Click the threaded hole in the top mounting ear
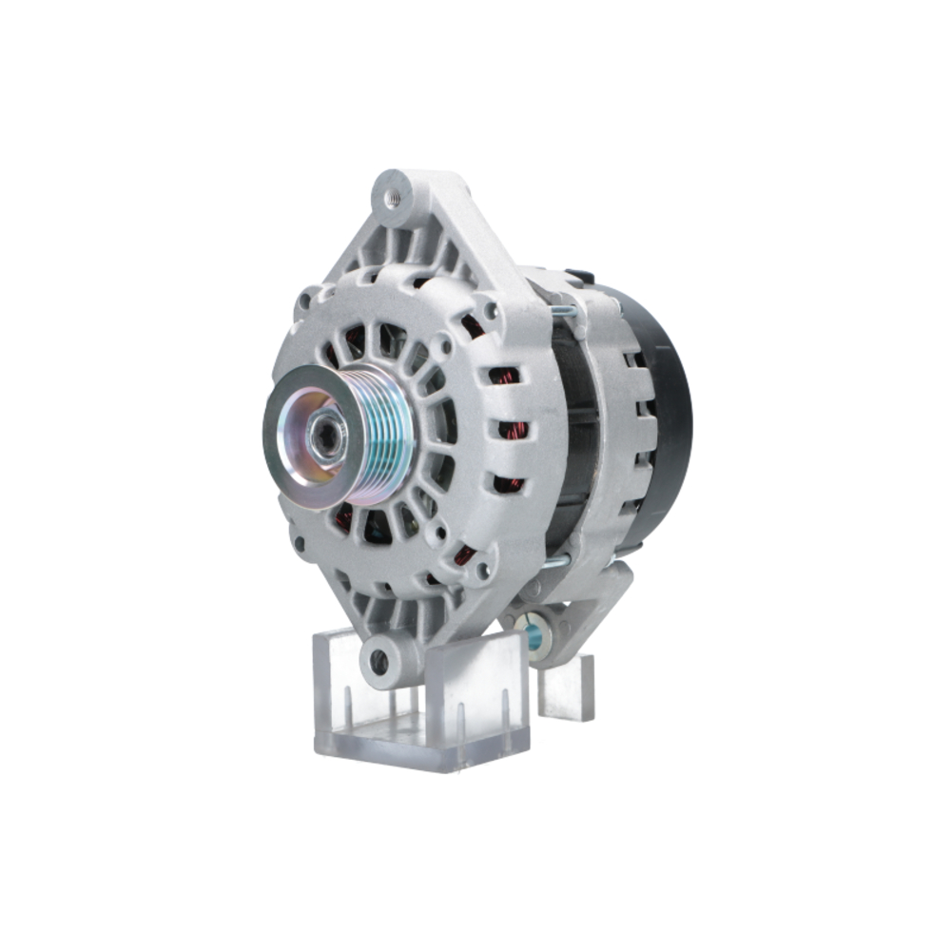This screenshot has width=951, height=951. [392, 199]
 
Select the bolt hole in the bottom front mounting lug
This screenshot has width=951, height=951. [379, 658]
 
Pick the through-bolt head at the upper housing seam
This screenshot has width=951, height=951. [561, 307]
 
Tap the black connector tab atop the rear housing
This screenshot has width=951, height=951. [578, 276]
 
